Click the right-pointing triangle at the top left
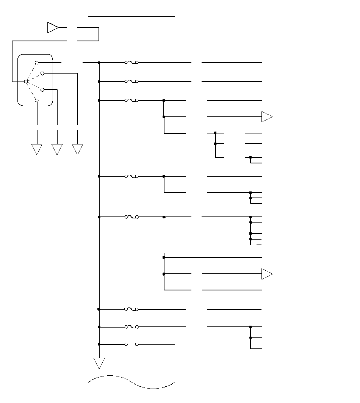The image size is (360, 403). pyautogui.click(x=53, y=28)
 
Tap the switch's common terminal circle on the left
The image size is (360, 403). pyautogui.click(x=26, y=82)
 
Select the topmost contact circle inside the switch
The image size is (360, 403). pyautogui.click(x=37, y=62)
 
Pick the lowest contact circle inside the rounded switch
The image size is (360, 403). pyautogui.click(x=37, y=100)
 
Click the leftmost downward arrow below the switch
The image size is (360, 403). pyautogui.click(x=37, y=149)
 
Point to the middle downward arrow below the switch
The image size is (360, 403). pyautogui.click(x=57, y=149)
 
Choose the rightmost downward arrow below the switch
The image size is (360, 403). pyautogui.click(x=77, y=149)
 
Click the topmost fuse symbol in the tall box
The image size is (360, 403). pyautogui.click(x=131, y=62)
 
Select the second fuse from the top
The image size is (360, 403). pyautogui.click(x=131, y=82)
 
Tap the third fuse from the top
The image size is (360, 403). pyautogui.click(x=131, y=100)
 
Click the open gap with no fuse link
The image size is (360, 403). pyautogui.click(x=131, y=344)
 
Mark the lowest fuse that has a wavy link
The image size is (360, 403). pyautogui.click(x=131, y=327)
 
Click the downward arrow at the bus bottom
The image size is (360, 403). pyautogui.click(x=99, y=363)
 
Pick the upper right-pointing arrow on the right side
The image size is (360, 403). pyautogui.click(x=267, y=117)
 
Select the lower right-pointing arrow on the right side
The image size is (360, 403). pyautogui.click(x=267, y=274)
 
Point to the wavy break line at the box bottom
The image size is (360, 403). pyautogui.click(x=131, y=381)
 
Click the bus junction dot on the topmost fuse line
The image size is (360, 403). pyautogui.click(x=99, y=62)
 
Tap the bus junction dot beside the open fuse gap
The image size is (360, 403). pyautogui.click(x=99, y=344)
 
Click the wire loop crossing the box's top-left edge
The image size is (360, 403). pyautogui.click(x=94, y=34)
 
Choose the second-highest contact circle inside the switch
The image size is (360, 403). pyautogui.click(x=42, y=73)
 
